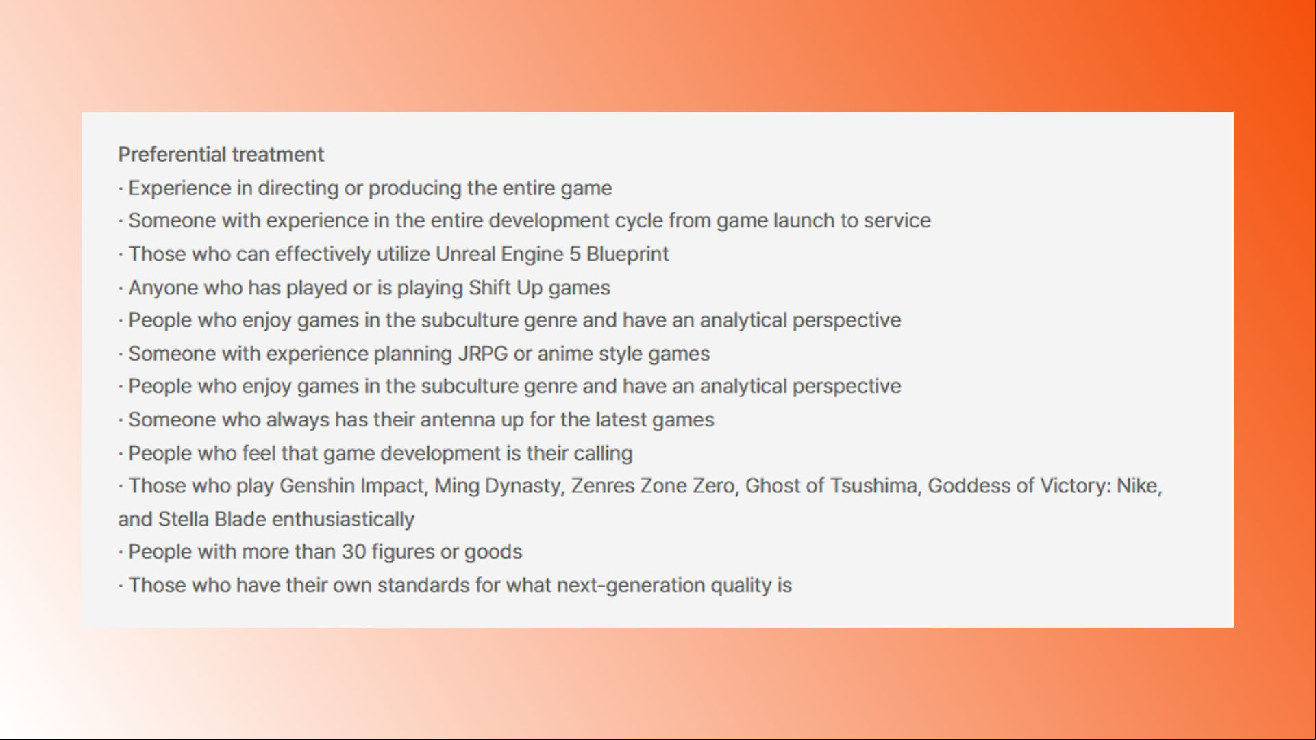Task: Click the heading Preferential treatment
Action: (x=221, y=155)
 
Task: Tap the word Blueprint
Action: (x=627, y=255)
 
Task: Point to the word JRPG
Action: (x=483, y=354)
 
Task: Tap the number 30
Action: (x=353, y=552)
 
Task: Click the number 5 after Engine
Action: (x=575, y=254)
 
